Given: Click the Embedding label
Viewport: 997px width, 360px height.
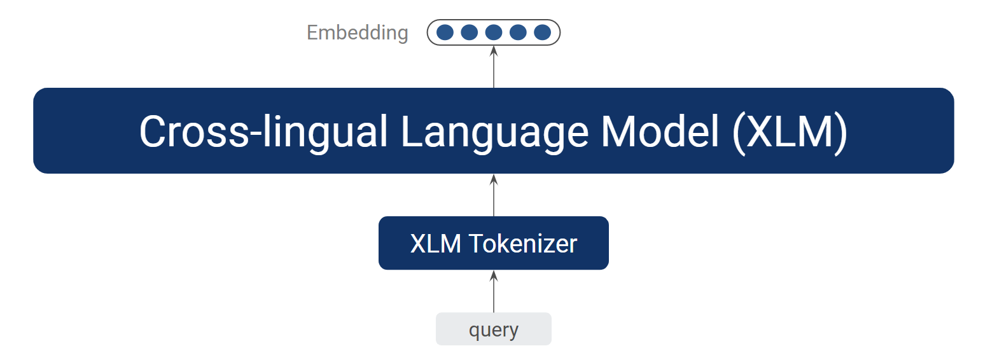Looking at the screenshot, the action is point(358,32).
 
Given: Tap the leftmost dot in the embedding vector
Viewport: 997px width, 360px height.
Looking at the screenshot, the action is point(445,32).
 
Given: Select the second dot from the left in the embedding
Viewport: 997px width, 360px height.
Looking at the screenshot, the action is point(469,32).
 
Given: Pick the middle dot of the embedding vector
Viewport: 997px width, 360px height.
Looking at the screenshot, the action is point(494,32).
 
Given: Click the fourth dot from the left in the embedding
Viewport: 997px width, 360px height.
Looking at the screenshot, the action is point(518,32).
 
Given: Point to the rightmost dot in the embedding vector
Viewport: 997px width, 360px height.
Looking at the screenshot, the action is point(543,32).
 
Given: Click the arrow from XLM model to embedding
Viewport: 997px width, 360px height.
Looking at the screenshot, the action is point(494,67).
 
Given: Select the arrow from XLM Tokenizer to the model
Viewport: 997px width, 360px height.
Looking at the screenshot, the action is point(494,195).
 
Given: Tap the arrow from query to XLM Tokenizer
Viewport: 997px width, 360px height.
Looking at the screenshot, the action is point(494,291).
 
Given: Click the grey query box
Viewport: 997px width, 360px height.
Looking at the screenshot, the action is point(494,329).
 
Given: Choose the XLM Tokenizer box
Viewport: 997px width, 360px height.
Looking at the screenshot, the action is point(494,243).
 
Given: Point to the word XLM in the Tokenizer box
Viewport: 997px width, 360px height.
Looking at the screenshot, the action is point(435,244).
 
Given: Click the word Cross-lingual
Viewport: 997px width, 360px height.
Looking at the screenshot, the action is point(263,131).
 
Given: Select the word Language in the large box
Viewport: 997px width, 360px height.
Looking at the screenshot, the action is point(494,132).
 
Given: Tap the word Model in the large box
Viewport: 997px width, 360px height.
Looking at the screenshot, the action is point(660,131).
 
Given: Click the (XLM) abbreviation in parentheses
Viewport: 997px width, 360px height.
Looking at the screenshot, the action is point(790,132).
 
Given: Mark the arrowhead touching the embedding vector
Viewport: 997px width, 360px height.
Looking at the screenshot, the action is point(494,51).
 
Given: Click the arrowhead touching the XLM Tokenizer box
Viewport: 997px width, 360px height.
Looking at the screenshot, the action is point(494,275).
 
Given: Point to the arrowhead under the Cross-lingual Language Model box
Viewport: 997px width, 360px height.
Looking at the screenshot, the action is point(494,179).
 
